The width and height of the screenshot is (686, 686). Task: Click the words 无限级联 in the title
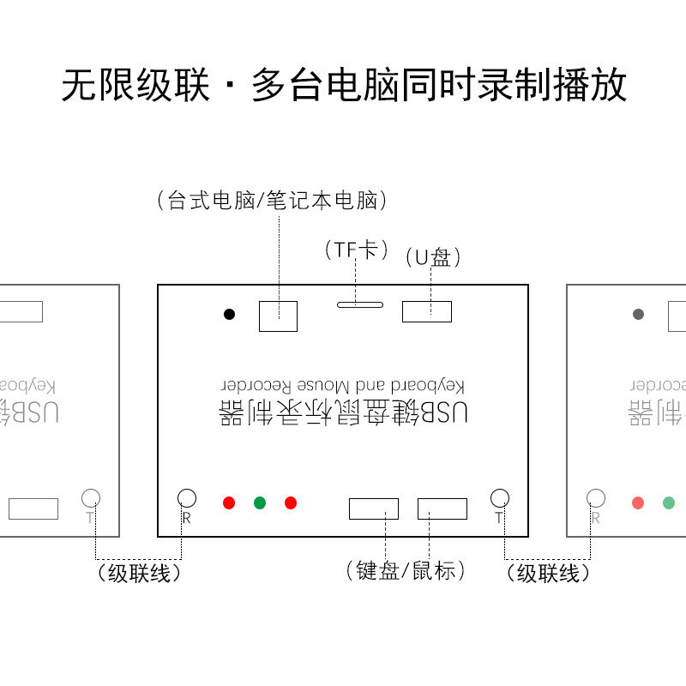point(135,86)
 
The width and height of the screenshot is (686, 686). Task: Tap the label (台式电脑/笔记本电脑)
point(273,202)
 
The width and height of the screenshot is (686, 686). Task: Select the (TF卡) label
point(357,250)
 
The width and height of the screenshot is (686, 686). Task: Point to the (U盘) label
point(433,256)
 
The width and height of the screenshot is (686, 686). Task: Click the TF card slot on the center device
point(360,303)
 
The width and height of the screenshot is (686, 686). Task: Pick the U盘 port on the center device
point(427,311)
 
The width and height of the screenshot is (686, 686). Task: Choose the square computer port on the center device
point(278,316)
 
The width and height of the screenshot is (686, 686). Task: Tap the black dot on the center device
point(229,315)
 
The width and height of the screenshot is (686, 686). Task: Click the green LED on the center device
point(260,502)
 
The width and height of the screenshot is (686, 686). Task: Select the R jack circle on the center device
point(187,497)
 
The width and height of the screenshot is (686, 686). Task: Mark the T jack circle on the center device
point(500,497)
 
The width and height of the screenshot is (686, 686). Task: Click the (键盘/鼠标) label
point(405,570)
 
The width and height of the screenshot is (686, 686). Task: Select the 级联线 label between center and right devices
point(549,574)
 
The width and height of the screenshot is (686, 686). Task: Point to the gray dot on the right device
point(638,315)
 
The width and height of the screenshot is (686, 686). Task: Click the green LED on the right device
point(669,502)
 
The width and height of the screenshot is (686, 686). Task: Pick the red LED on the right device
point(638,502)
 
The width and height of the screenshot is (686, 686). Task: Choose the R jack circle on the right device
point(596,497)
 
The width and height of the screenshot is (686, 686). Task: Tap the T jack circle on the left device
point(91,497)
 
